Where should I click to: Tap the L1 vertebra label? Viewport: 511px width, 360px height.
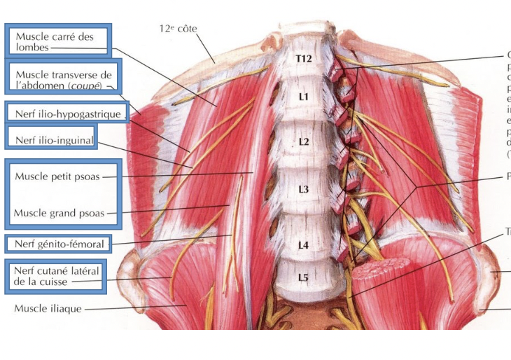(x=303, y=97)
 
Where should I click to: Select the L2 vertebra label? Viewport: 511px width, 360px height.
(x=303, y=141)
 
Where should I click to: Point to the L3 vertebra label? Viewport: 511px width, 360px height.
(x=303, y=189)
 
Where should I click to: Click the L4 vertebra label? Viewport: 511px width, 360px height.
(x=303, y=245)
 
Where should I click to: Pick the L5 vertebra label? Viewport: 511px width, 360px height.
(x=303, y=278)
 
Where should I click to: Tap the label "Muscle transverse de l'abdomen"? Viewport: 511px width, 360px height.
(x=64, y=79)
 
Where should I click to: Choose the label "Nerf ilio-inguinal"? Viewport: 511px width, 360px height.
(x=53, y=140)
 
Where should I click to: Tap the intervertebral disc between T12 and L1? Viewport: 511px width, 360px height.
(x=302, y=77)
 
